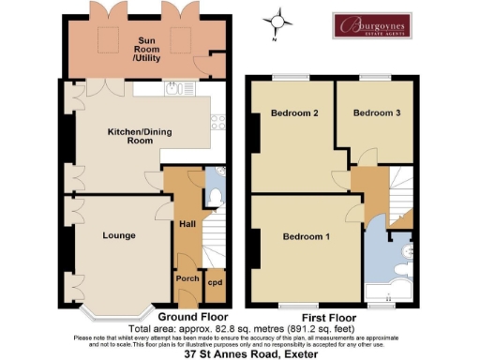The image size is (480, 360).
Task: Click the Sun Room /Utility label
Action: pos(147,50)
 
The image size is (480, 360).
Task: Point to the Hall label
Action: pos(186,225)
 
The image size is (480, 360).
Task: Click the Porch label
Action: pos(185,279)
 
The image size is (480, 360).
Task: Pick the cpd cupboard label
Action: pos(215,281)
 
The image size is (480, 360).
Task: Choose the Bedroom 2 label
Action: pos(295,113)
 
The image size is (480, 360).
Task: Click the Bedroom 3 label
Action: pos(376,113)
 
